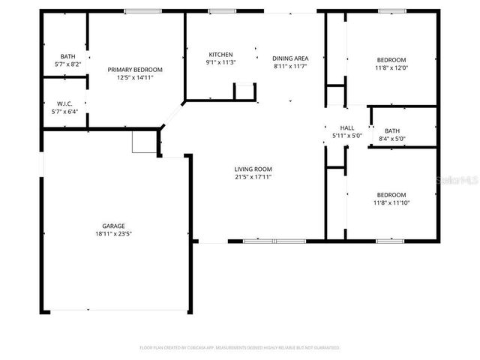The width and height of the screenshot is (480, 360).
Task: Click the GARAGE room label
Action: click(114, 226)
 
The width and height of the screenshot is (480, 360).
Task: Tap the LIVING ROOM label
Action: click(253, 169)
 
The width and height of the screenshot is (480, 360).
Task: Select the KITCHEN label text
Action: click(220, 55)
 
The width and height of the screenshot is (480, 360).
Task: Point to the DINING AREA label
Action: click(290, 58)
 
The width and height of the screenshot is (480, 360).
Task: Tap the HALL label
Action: click(347, 127)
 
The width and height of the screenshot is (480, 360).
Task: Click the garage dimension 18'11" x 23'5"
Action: click(114, 234)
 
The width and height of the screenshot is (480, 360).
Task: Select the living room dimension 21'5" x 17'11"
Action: click(253, 178)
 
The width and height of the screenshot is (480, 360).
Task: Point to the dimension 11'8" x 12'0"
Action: click(391, 68)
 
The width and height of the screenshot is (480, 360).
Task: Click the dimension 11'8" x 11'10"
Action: click(391, 202)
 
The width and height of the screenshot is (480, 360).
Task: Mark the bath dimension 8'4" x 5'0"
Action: click(392, 139)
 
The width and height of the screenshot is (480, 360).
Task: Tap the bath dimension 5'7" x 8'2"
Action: click(67, 64)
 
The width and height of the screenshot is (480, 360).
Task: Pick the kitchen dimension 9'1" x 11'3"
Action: click(220, 63)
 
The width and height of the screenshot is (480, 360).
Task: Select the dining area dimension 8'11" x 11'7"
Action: click(290, 67)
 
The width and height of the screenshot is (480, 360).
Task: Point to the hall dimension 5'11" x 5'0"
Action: click(347, 136)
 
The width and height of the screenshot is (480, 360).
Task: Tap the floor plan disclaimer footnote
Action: click(240, 348)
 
